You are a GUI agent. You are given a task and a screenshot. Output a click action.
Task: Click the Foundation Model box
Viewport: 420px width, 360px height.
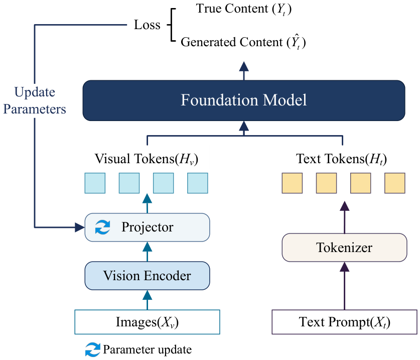tap(244, 100)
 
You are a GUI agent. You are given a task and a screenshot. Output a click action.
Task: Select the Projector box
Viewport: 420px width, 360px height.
tap(148, 227)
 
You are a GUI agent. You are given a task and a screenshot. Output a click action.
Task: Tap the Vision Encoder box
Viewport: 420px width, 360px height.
tap(148, 276)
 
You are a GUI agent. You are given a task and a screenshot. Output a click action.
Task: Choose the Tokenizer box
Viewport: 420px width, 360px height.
tap(344, 248)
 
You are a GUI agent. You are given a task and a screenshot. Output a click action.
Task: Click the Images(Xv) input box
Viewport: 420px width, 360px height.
tap(148, 322)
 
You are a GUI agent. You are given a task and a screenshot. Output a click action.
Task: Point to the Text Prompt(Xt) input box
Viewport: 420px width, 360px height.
tap(344, 322)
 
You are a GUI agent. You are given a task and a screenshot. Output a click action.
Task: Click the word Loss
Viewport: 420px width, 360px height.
tap(147, 25)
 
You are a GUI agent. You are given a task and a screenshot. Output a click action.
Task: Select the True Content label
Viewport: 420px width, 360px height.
tap(244, 9)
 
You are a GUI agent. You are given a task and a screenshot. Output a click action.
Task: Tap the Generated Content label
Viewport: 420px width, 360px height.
tap(243, 42)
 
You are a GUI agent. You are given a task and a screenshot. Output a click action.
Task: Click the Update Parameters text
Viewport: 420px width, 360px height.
tap(35, 100)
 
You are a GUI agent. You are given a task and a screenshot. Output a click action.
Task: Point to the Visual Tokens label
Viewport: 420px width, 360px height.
tap(147, 159)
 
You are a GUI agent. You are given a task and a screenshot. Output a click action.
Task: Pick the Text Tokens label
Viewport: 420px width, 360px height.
tap(342, 159)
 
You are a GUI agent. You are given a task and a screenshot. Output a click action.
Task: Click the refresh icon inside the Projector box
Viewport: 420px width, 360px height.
tap(102, 227)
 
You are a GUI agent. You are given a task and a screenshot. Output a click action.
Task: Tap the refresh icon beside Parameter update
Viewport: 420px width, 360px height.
tap(93, 349)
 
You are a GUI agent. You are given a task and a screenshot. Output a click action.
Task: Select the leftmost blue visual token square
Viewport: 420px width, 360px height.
tap(95, 183)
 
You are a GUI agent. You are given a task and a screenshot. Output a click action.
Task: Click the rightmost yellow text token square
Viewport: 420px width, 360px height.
tap(395, 183)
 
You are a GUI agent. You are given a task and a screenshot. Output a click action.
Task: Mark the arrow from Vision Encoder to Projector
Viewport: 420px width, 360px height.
tap(148, 252)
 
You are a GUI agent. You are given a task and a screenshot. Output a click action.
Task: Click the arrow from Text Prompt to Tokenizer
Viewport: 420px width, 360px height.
tap(344, 286)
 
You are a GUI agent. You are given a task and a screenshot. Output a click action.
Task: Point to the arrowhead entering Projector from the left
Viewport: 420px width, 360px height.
tap(80, 227)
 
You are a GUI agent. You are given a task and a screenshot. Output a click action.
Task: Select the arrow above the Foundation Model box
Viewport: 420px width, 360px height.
tap(244, 71)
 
